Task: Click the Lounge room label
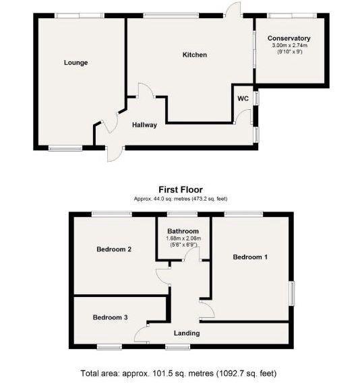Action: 76,63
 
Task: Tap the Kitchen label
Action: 195,55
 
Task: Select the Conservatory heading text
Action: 289,38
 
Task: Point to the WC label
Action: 243,98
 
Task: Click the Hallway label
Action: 144,125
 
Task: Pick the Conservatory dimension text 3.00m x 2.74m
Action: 290,45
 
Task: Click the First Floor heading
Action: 181,190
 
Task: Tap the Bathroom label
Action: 183,231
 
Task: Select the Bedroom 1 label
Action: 250,257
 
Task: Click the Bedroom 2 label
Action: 114,249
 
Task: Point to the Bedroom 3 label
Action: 110,317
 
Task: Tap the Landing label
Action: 187,333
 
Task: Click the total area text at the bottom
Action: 179,373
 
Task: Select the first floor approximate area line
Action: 181,199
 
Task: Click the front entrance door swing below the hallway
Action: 115,156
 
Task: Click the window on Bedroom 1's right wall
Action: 293,293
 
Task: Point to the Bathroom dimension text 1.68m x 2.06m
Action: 183,238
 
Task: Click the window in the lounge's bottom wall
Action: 65,148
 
